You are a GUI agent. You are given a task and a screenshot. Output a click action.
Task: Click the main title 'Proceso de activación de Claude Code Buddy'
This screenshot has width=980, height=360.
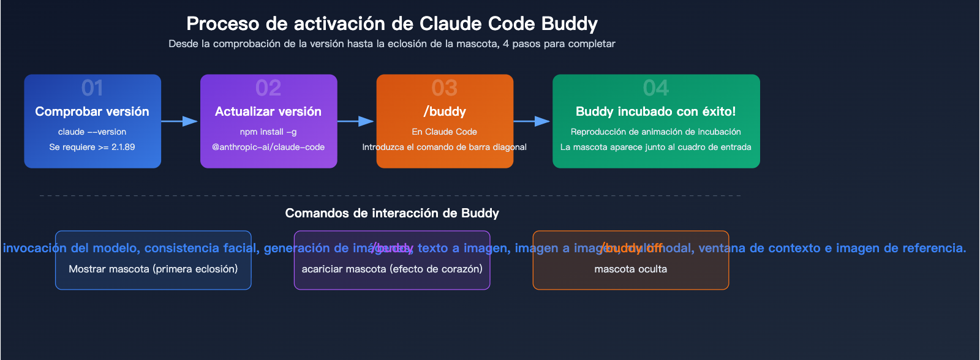coord(392,24)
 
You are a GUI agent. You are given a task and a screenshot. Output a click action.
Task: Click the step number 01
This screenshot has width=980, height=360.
coord(92,88)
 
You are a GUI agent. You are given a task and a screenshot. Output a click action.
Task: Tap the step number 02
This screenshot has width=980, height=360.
coord(268,88)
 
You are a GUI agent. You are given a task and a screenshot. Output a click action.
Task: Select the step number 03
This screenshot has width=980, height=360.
coord(445,88)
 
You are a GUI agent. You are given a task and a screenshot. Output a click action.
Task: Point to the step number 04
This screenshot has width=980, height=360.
coord(656,88)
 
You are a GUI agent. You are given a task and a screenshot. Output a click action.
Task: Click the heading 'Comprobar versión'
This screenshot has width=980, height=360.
coord(92,111)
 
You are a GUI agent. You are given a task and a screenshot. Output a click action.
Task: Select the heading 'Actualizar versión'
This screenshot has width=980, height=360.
coord(268,111)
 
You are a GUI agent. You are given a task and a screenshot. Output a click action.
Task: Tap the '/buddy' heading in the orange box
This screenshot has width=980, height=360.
coord(445,111)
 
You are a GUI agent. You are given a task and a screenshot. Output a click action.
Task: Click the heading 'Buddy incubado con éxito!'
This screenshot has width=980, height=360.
coord(656,111)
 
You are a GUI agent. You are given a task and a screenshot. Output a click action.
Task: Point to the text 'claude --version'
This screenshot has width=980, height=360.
coord(92,132)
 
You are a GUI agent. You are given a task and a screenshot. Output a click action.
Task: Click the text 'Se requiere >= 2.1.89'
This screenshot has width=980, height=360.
coord(92,147)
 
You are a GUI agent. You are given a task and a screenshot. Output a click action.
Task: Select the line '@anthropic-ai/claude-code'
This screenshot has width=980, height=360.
coord(268,147)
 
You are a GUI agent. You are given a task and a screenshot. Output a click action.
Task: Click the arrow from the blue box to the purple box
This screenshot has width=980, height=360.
coord(180,121)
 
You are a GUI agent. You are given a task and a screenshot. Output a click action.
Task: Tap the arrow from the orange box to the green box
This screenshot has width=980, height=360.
coord(532,121)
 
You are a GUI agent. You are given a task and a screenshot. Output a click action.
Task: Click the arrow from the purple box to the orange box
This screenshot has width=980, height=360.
coord(356,121)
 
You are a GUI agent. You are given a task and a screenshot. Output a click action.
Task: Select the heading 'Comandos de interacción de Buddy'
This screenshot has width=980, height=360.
coord(392,213)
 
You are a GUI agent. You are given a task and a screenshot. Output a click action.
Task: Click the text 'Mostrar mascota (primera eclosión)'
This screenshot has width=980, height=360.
coord(153,269)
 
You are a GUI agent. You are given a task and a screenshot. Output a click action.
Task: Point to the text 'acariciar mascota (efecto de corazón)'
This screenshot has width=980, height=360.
coord(392,269)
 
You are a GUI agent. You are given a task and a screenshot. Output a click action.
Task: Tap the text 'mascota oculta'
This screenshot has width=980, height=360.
coord(631,269)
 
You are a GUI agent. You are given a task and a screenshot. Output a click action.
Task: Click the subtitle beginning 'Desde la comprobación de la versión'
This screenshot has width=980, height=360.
coord(392,44)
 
